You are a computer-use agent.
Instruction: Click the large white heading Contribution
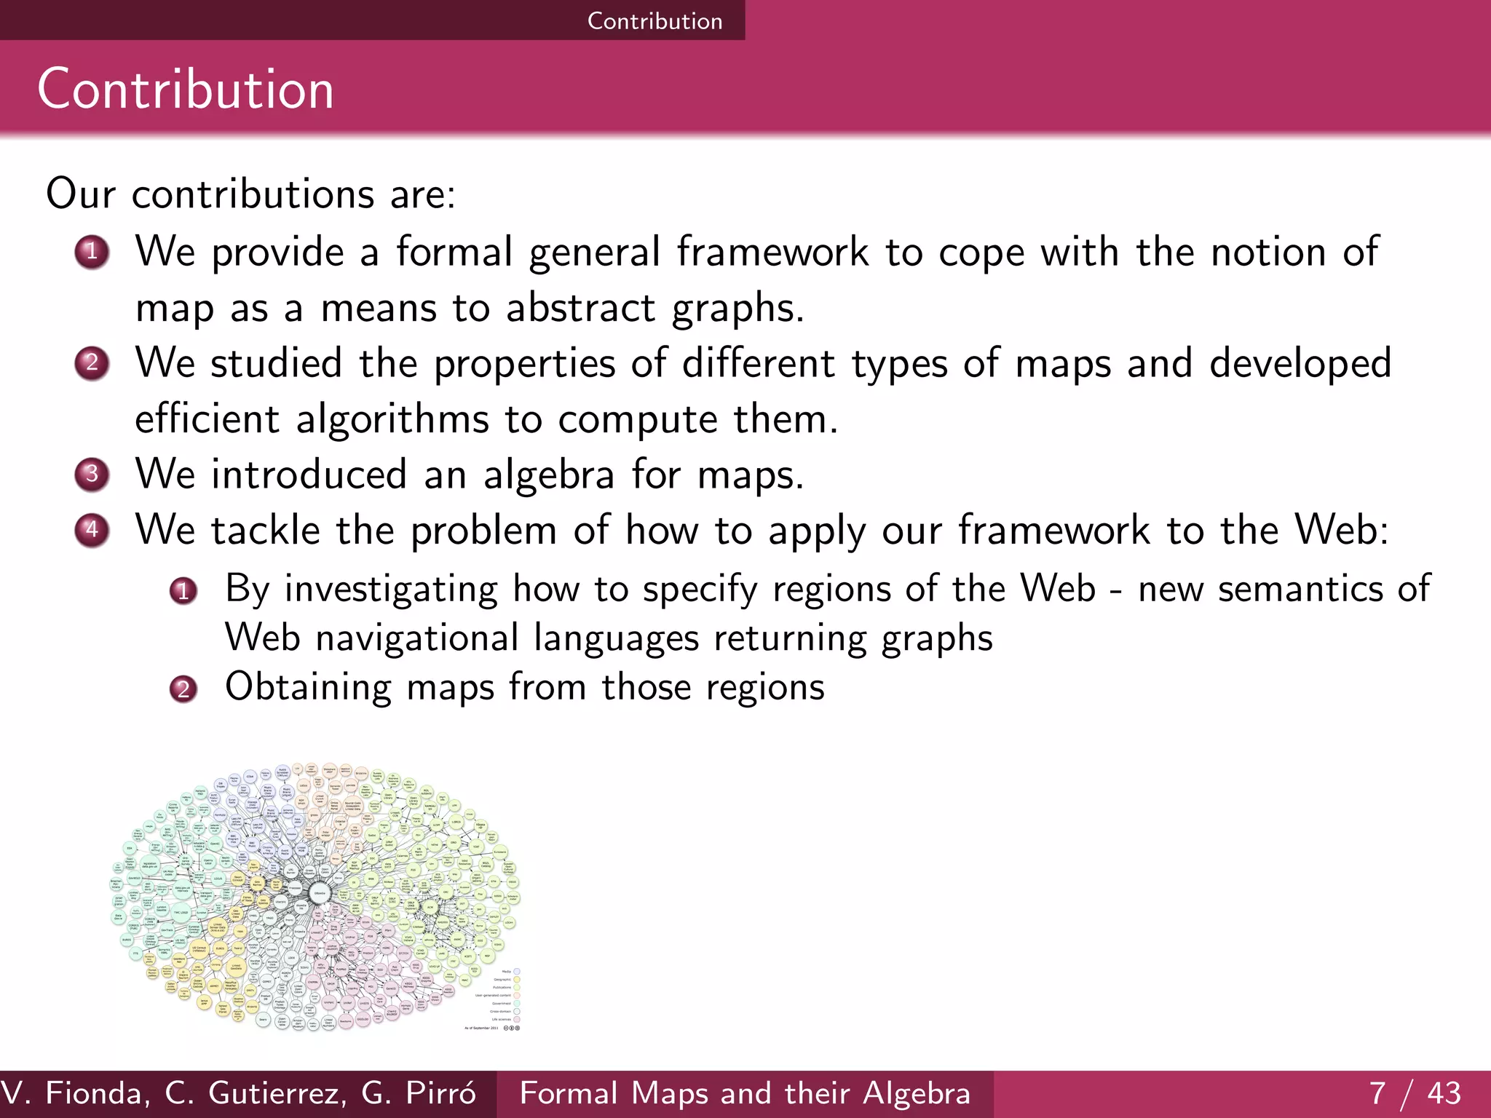[x=186, y=90]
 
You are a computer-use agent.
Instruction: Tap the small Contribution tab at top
[x=654, y=20]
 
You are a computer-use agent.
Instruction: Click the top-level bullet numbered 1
[x=92, y=253]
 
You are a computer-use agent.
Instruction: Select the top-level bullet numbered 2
[x=92, y=363]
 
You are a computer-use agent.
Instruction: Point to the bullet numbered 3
[x=92, y=475]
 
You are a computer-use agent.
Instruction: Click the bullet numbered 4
[x=92, y=530]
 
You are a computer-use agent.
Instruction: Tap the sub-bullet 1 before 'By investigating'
[x=183, y=590]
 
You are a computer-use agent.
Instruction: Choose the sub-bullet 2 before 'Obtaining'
[x=183, y=689]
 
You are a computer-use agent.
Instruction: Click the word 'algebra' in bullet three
[x=549, y=475]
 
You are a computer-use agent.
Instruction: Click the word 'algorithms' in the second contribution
[x=392, y=420]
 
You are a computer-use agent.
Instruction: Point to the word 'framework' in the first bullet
[x=772, y=253]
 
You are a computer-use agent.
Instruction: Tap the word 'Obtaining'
[x=308, y=687]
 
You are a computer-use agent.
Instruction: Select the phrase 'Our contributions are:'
[x=250, y=194]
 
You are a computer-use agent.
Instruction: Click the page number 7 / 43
[x=1415, y=1093]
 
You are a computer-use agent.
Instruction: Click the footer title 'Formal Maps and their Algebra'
[x=745, y=1093]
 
